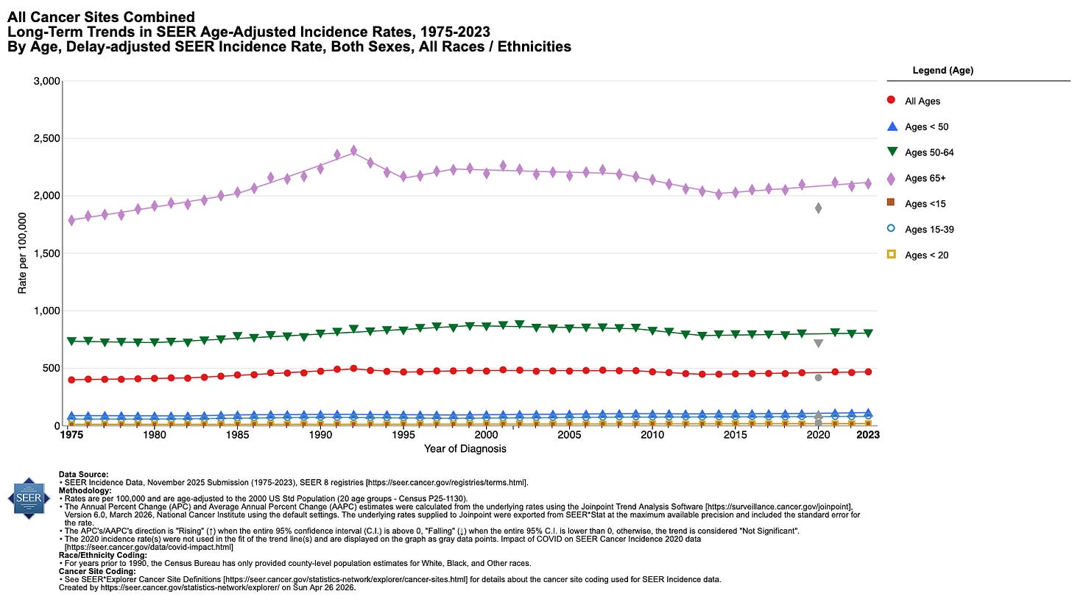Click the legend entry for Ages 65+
(924, 178)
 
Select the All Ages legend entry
(922, 101)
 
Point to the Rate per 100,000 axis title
(23, 253)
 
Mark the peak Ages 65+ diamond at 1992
(353, 150)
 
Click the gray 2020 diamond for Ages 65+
(818, 208)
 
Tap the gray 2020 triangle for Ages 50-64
(818, 344)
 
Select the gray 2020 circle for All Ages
(818, 378)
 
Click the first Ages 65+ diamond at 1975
(71, 220)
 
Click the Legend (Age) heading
(942, 71)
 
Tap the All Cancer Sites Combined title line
(102, 16)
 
